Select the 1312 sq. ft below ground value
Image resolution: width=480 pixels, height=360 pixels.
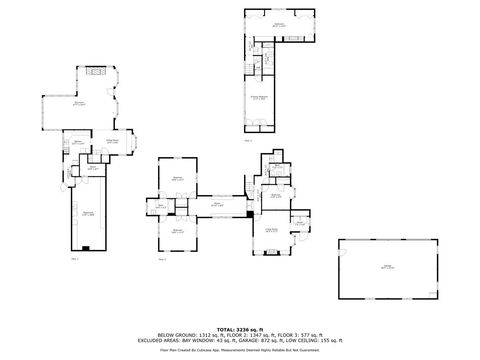coord(198,333)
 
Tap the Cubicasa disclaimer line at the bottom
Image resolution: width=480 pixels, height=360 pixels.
coord(239,346)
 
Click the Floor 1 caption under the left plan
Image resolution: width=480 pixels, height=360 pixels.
coord(75,259)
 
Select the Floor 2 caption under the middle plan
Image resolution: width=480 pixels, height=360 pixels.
coord(162,259)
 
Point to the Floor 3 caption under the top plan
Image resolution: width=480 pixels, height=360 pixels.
coord(247,141)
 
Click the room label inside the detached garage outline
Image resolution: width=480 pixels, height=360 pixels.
coord(386,267)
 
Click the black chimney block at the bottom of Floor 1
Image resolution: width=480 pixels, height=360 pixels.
coord(87,246)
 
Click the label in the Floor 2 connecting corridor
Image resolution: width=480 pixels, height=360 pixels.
coord(216,204)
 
